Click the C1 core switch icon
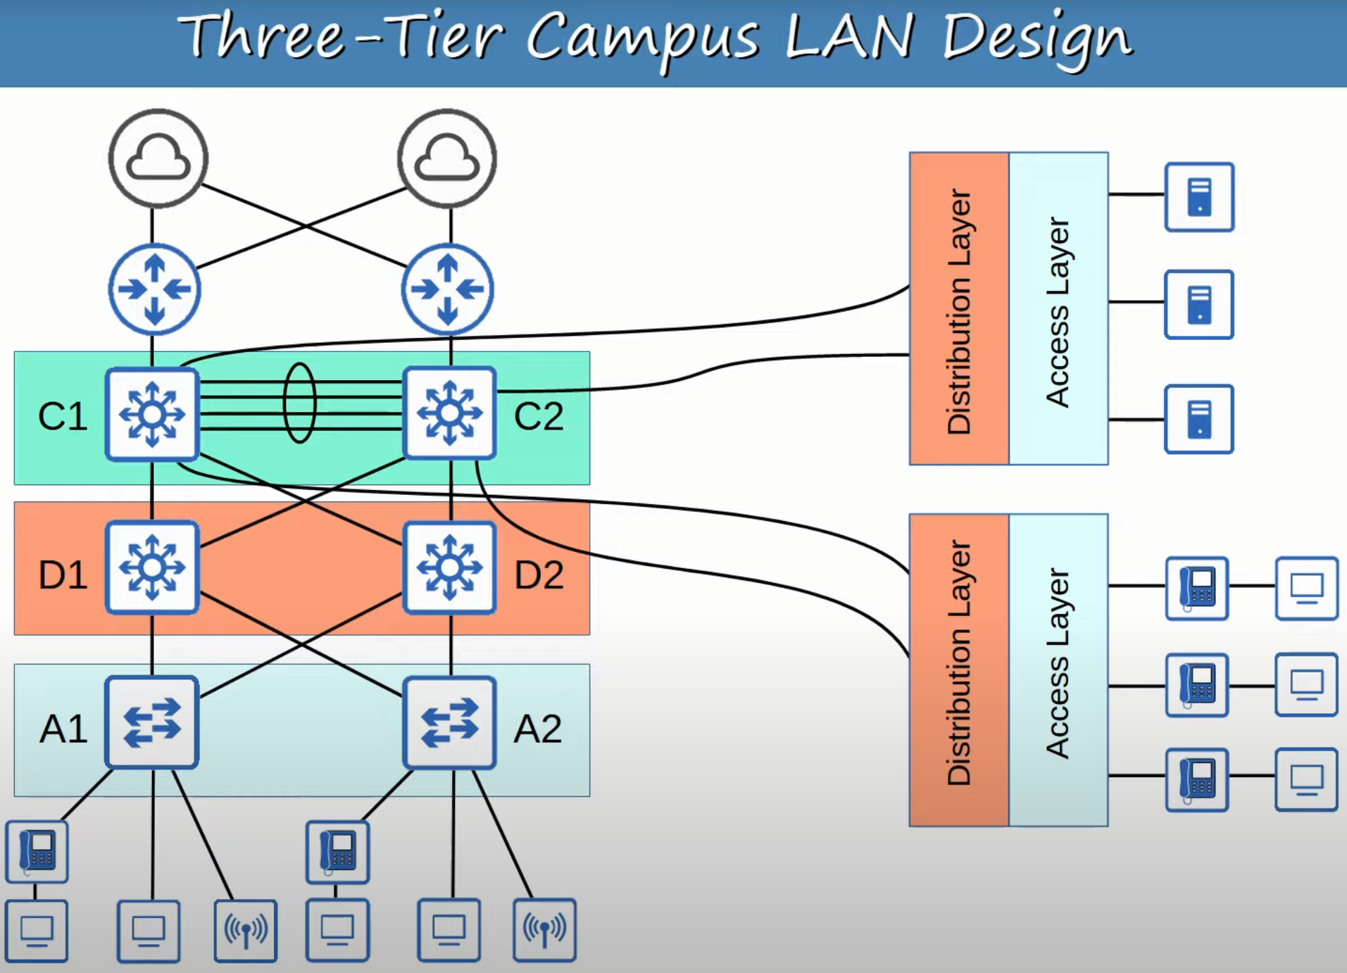point(152,414)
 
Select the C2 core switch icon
point(449,414)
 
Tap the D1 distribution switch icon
point(152,567)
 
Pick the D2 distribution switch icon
point(449,567)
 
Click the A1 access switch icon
point(152,722)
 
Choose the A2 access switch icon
point(449,722)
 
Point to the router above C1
point(155,289)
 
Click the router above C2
point(448,289)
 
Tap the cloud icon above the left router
point(158,158)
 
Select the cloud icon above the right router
point(447,158)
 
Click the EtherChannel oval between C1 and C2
point(299,403)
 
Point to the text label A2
point(538,729)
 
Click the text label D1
point(63,575)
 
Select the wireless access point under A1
point(246,930)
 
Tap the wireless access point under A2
point(544,930)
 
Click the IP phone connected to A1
point(37,851)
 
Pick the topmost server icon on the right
point(1199,197)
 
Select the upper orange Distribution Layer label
point(959,310)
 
